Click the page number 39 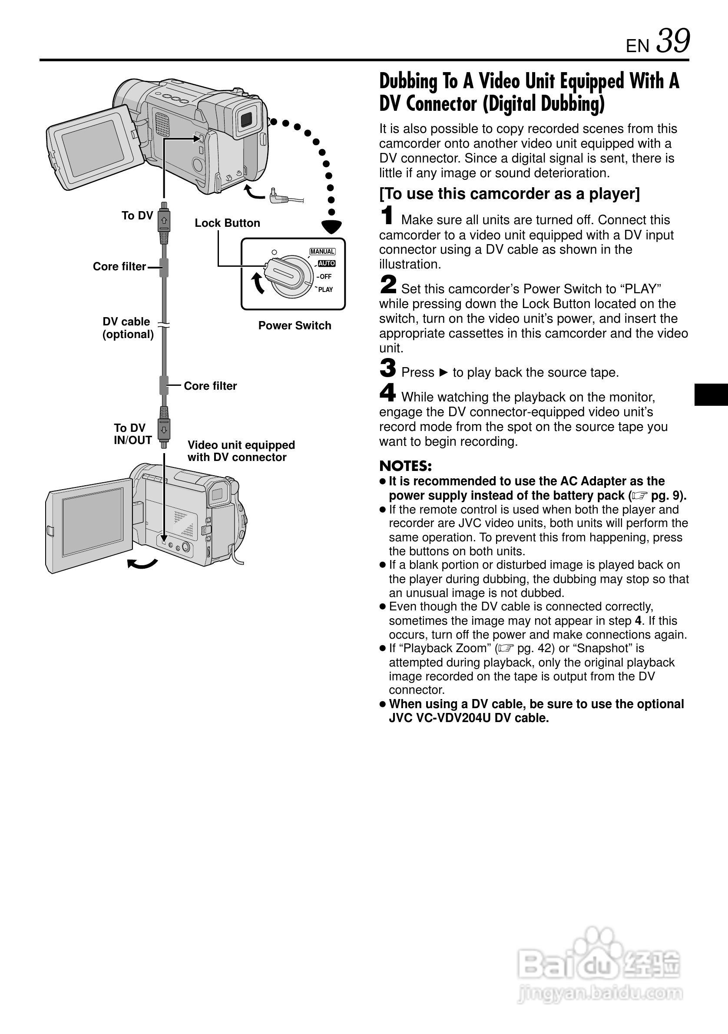tap(673, 41)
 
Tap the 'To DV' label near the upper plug tap(137, 216)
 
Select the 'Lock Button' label tap(227, 223)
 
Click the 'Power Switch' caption tap(295, 325)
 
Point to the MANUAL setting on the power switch tap(322, 251)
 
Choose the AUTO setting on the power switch tap(326, 263)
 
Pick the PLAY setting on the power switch tap(325, 290)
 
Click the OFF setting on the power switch tap(325, 276)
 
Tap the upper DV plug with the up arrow tap(164, 221)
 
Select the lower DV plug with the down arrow tap(164, 429)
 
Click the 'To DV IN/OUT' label tap(132, 434)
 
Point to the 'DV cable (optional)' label tap(128, 328)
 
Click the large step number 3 tap(387, 368)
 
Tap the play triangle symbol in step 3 tap(443, 372)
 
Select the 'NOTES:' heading tap(405, 466)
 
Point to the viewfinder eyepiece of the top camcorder tap(246, 119)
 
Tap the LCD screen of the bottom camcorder tap(92, 521)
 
